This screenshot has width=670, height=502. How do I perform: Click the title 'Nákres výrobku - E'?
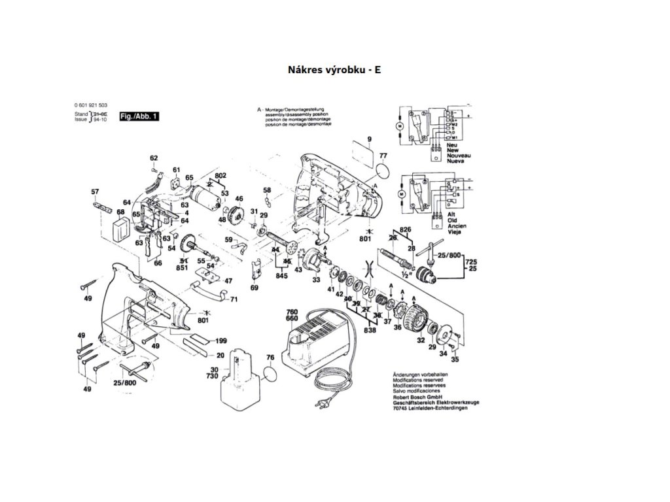coord(334,69)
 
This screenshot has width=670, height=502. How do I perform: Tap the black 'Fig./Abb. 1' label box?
coord(138,116)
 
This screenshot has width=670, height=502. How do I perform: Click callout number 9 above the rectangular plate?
coord(369,139)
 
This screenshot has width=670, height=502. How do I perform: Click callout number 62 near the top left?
coord(154,158)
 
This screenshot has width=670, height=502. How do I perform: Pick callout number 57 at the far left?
coord(95,192)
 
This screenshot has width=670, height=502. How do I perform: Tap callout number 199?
coord(221,341)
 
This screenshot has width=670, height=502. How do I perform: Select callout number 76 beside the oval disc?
coord(270,358)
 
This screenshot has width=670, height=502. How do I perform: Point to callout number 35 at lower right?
coord(455,359)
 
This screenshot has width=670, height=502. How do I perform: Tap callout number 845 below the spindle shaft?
coord(283,276)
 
